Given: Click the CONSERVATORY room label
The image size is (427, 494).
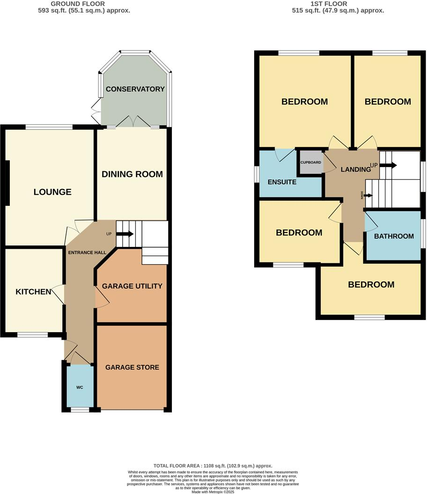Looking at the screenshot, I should (135, 89).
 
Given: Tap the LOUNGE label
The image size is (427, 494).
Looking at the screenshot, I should (52, 192).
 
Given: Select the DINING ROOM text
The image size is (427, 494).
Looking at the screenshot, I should (133, 174).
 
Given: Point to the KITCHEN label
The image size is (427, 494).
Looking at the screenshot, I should (33, 292).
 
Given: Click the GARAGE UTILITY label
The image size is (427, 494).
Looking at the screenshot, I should (132, 286).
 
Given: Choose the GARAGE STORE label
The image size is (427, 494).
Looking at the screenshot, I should (132, 367).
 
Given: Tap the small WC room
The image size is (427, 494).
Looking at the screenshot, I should (80, 387).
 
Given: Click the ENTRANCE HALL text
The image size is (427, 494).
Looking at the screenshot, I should (87, 253).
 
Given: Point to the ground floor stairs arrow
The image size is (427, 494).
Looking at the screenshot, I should (128, 234).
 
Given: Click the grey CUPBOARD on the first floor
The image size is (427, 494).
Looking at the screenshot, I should (311, 162).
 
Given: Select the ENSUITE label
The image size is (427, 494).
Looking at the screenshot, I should (282, 182).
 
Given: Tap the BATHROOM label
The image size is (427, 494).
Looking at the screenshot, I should (394, 236).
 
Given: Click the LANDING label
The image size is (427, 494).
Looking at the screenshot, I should (355, 169).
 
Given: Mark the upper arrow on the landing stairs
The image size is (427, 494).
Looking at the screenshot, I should (390, 165).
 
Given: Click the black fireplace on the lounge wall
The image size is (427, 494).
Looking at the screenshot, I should (7, 183).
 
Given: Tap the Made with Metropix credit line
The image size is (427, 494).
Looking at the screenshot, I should (213, 492).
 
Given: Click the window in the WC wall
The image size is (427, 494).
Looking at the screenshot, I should (80, 410).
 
